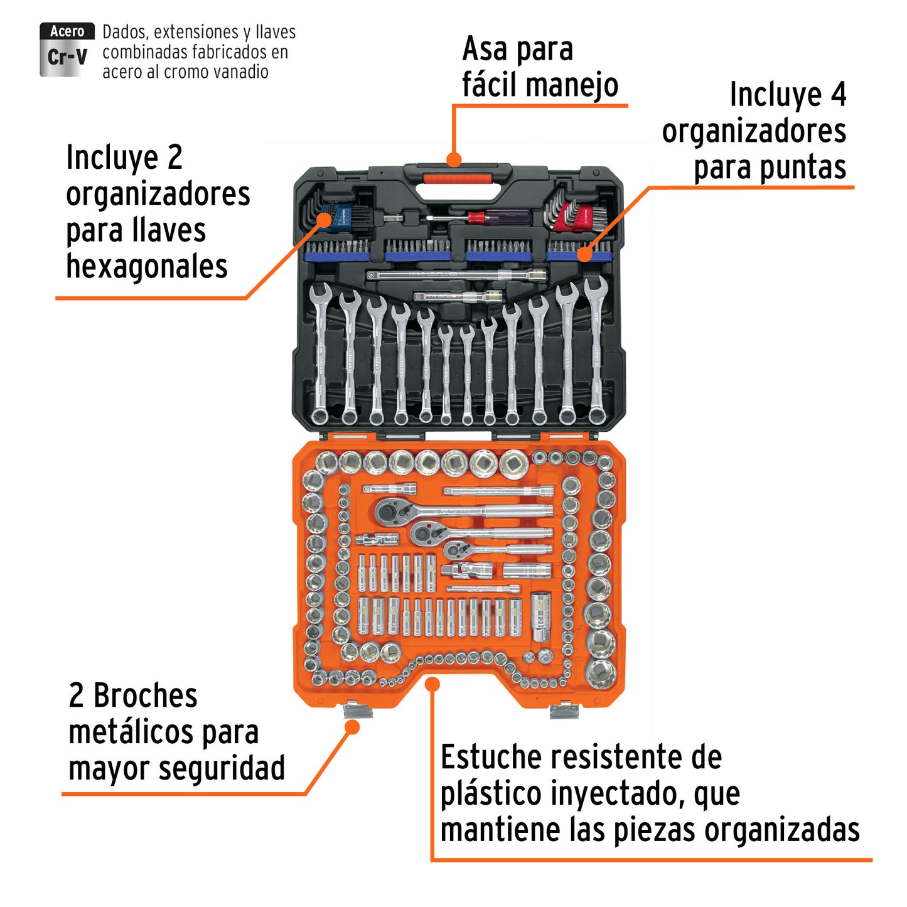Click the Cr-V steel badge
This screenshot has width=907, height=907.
pyautogui.click(x=67, y=50)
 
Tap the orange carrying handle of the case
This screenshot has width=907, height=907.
pyautogui.click(x=456, y=180)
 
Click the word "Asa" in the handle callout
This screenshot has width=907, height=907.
pyautogui.click(x=486, y=49)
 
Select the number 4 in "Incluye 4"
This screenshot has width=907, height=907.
pyautogui.click(x=839, y=95)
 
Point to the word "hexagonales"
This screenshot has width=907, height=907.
pyautogui.click(x=147, y=266)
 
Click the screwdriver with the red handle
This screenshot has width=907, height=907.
pyautogui.click(x=496, y=218)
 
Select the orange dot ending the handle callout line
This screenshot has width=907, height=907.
pyautogui.click(x=454, y=159)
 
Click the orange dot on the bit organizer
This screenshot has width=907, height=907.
pyautogui.click(x=584, y=254)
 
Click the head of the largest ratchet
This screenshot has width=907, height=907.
pyautogui.click(x=387, y=512)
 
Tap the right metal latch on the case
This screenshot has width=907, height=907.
pyautogui.click(x=564, y=710)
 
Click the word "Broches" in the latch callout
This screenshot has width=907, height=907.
pyautogui.click(x=146, y=696)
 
